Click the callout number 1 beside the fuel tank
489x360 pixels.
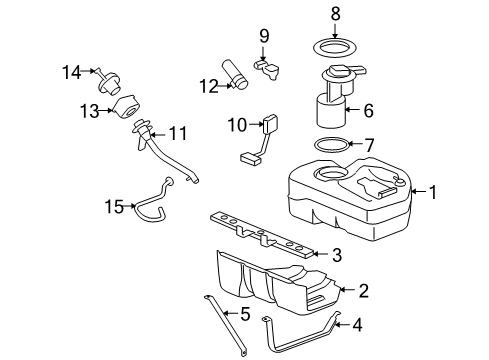pos(433,190)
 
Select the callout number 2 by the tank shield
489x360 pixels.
pos(364,291)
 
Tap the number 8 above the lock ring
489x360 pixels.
pos(335,14)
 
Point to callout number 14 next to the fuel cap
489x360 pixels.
pos(69,71)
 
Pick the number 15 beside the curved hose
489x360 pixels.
pos(115,207)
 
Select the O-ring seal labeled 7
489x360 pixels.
pos(332,145)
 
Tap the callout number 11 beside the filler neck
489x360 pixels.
pos(178,132)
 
